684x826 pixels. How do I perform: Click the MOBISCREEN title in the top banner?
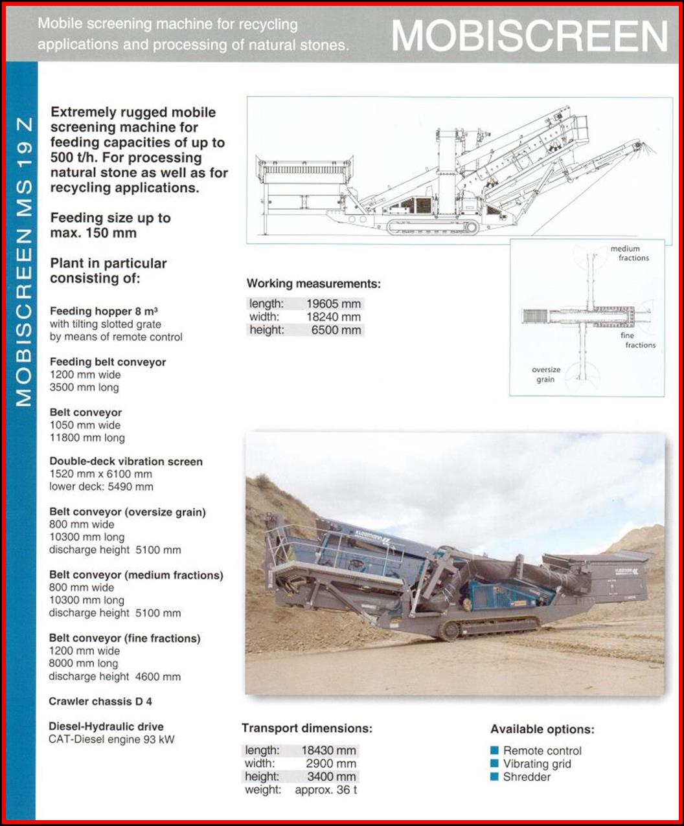(529, 36)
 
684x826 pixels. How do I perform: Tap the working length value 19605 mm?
(334, 304)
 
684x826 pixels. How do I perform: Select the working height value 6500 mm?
(335, 330)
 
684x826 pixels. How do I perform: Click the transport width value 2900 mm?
(331, 764)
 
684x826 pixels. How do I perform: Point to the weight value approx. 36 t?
(326, 790)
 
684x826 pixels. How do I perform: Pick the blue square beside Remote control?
(495, 751)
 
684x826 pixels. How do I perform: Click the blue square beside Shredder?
(495, 777)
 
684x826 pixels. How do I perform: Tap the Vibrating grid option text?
(537, 764)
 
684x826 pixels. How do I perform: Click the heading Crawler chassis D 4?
(100, 702)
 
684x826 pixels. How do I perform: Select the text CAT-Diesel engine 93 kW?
(111, 739)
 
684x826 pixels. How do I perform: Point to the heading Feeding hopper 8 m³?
(104, 311)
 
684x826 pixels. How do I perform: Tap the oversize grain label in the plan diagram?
(546, 375)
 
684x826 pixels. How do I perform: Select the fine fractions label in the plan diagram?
(636, 340)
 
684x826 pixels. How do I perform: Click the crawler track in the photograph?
(490, 627)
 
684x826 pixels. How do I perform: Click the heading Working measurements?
(313, 284)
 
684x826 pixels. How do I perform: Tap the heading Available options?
(542, 730)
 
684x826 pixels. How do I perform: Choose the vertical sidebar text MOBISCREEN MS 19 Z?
(23, 260)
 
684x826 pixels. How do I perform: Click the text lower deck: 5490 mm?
(101, 487)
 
